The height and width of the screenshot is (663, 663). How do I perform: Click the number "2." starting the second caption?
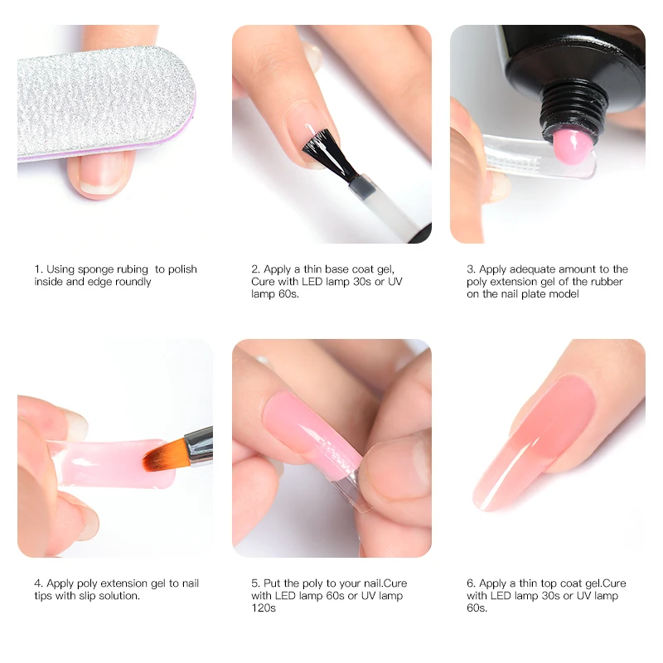256,269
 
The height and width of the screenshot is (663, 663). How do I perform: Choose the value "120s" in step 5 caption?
264,608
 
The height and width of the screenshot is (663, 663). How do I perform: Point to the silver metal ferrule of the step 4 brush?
197,446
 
